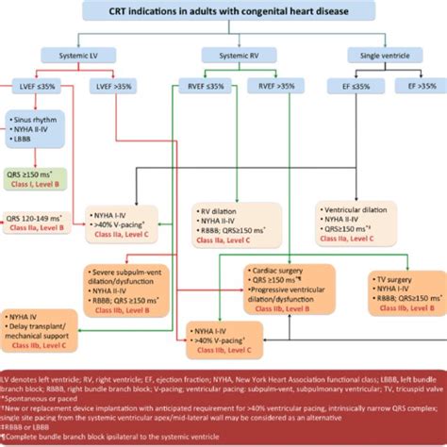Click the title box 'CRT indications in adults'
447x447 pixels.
click(x=223, y=11)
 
